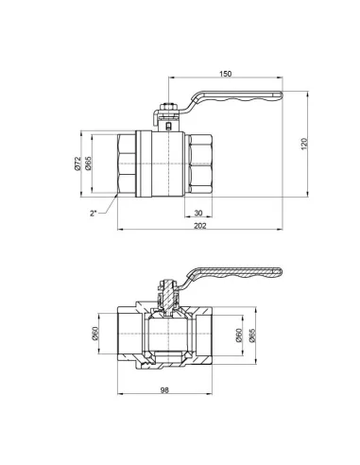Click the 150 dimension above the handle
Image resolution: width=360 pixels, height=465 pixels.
point(225,73)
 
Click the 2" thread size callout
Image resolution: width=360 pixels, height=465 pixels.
point(94,213)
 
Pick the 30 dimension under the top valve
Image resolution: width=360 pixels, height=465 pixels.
point(197,213)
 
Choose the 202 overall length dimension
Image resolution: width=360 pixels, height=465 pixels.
point(198,226)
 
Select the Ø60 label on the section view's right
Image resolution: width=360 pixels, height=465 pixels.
point(237,334)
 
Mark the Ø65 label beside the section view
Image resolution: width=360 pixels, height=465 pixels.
point(251,334)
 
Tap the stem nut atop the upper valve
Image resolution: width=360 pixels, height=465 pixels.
point(168,109)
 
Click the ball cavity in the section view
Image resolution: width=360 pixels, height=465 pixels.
point(167,334)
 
